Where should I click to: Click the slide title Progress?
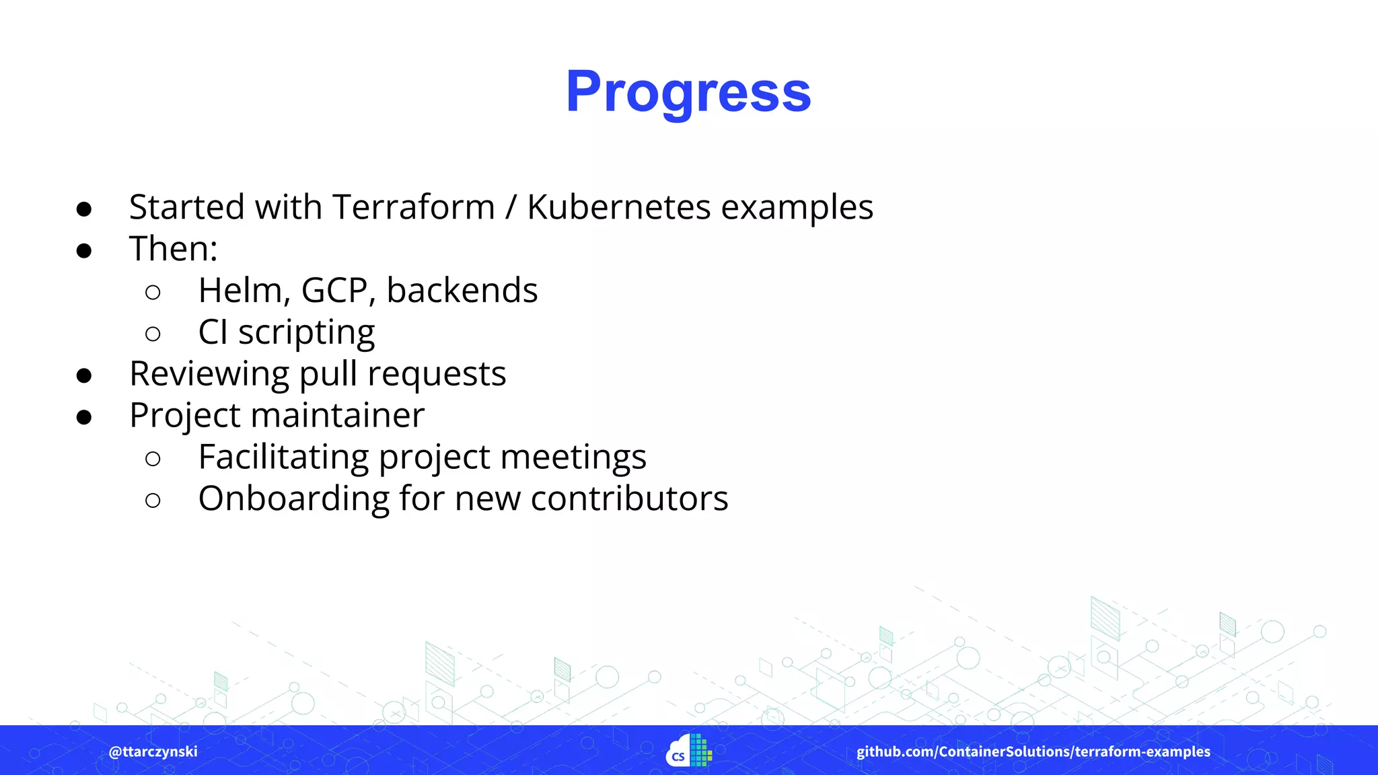click(x=688, y=92)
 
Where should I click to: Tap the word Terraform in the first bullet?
click(x=413, y=207)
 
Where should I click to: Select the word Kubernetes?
click(x=618, y=207)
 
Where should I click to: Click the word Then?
click(x=174, y=249)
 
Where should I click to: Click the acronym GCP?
click(x=338, y=291)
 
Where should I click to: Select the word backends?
click(x=462, y=291)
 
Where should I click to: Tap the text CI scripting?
click(x=287, y=332)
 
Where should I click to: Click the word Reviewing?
click(x=209, y=374)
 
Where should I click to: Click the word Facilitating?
click(x=283, y=457)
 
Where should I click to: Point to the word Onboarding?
click(x=293, y=499)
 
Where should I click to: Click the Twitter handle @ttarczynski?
click(x=153, y=751)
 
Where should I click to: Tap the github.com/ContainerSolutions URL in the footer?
click(x=1033, y=751)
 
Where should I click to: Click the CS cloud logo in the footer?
click(x=688, y=751)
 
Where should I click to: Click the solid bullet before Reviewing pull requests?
click(x=84, y=375)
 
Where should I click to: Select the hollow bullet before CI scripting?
click(x=153, y=334)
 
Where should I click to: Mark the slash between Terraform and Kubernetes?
click(x=511, y=207)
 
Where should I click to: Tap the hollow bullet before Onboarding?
click(x=153, y=500)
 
